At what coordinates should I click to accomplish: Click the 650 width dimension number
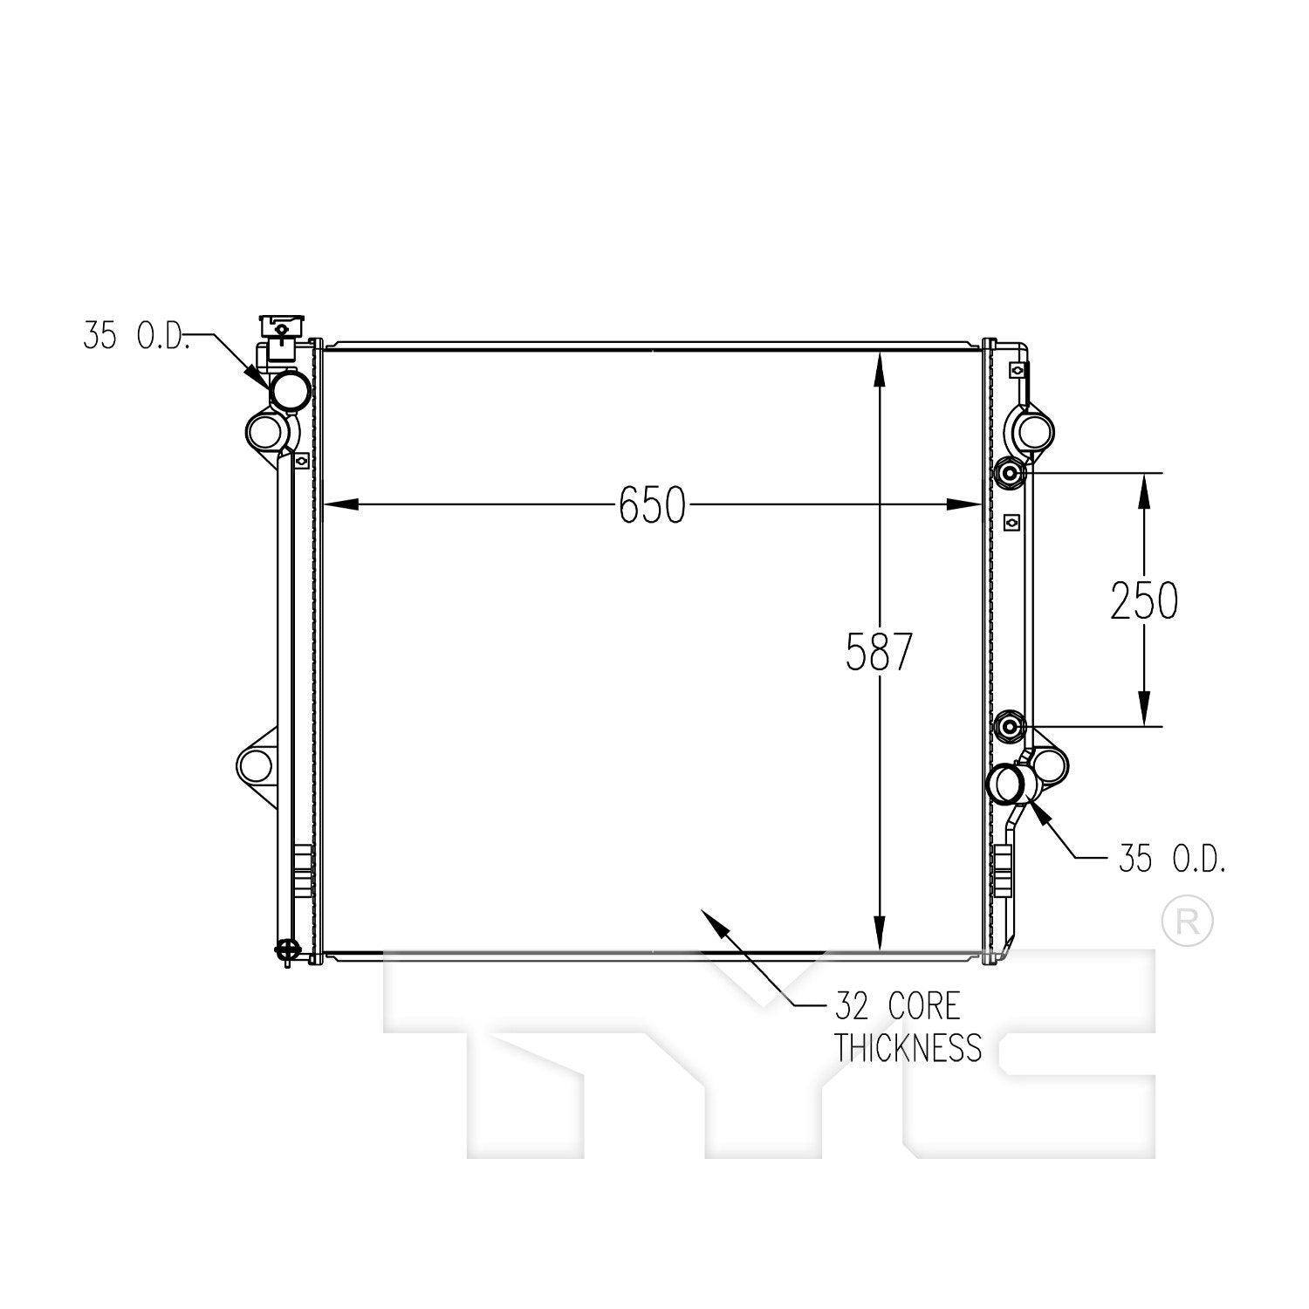[x=652, y=505]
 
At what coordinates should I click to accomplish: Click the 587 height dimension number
[x=879, y=652]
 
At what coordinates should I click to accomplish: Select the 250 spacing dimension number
[x=1144, y=600]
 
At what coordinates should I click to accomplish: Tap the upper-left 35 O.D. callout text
[x=137, y=336]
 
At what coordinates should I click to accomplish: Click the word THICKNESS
[x=908, y=1046]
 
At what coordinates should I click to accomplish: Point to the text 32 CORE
[x=897, y=1006]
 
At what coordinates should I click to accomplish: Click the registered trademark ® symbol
[x=1188, y=921]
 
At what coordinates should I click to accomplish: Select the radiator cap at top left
[x=279, y=336]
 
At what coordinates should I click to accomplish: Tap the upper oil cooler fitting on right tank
[x=1009, y=473]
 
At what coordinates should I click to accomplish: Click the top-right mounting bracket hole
[x=1036, y=430]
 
